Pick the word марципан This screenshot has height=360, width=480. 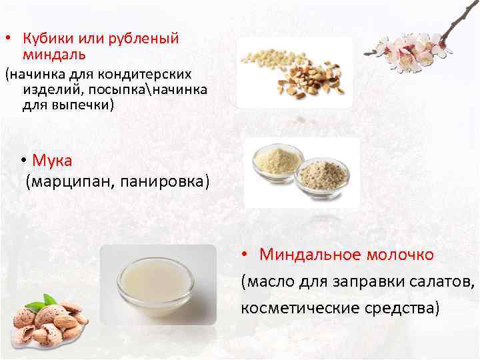(72, 181)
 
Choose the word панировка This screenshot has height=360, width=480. (163, 181)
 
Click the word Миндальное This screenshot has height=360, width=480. (305, 255)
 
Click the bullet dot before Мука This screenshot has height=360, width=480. (23, 161)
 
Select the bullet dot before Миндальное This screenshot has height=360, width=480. (245, 255)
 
